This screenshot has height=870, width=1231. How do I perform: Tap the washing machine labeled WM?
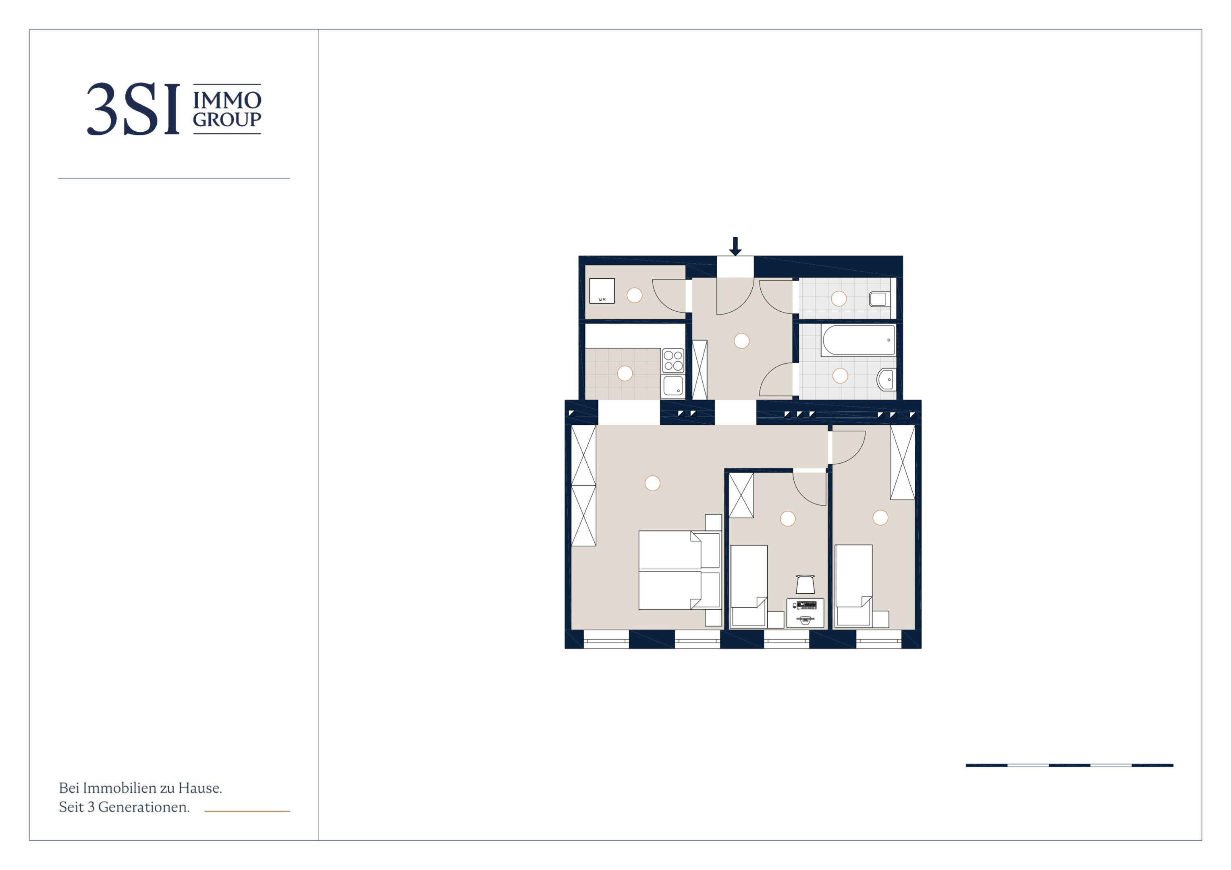pyautogui.click(x=602, y=290)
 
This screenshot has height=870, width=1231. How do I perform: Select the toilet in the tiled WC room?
pyautogui.click(x=879, y=298)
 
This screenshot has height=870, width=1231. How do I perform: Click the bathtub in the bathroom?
pyautogui.click(x=858, y=340)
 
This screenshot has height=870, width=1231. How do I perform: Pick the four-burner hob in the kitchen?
pyautogui.click(x=673, y=361)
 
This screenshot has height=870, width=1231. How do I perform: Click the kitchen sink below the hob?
pyautogui.click(x=673, y=386)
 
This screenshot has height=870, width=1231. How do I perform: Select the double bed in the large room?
pyautogui.click(x=679, y=570)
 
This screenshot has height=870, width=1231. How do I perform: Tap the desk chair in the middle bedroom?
pyautogui.click(x=805, y=584)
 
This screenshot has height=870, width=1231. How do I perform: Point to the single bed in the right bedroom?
pyautogui.click(x=853, y=585)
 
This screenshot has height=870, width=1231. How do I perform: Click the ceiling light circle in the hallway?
pyautogui.click(x=741, y=340)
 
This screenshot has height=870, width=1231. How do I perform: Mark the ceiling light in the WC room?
pyautogui.click(x=839, y=298)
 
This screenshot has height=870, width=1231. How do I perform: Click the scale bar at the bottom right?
pyautogui.click(x=1069, y=765)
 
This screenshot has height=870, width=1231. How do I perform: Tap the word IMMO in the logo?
pyautogui.click(x=227, y=100)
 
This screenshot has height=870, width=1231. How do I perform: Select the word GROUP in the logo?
pyautogui.click(x=227, y=120)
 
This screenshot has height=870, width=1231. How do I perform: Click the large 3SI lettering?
pyautogui.click(x=133, y=109)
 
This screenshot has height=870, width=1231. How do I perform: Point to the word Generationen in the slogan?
pyautogui.click(x=144, y=807)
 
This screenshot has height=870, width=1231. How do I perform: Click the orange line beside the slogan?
pyautogui.click(x=247, y=811)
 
